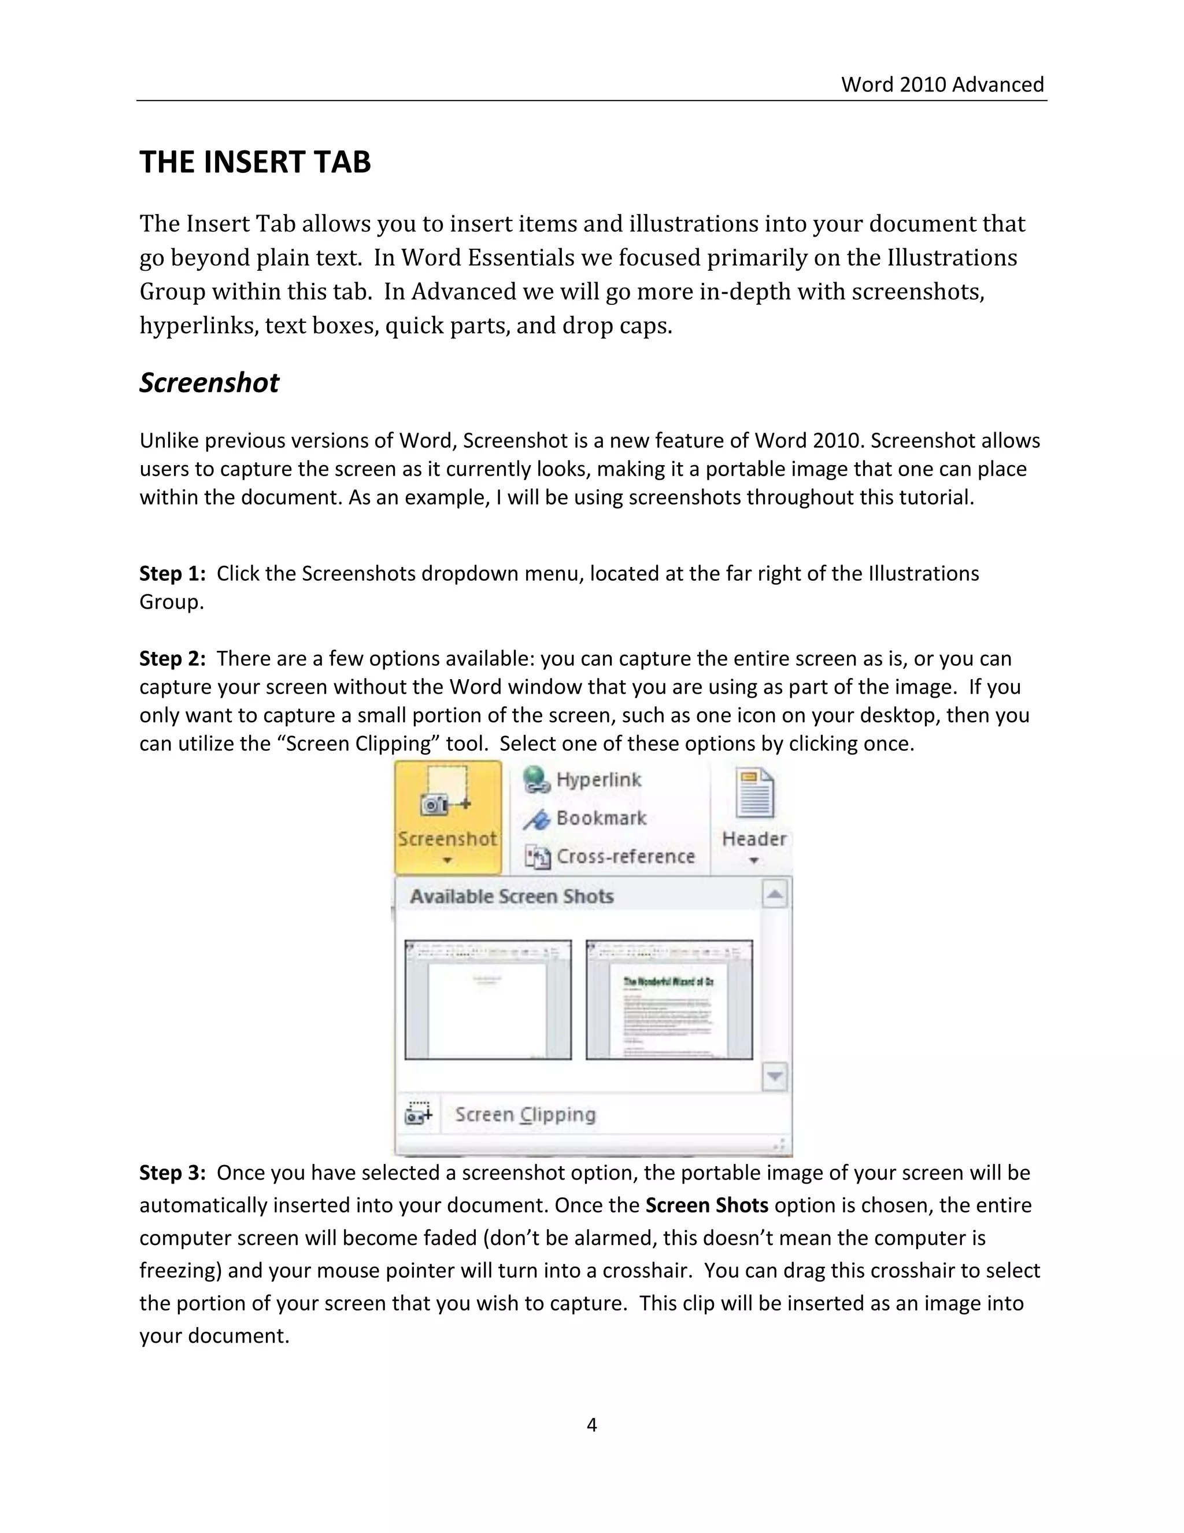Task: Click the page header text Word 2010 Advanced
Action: (942, 84)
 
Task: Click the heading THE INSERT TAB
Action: (254, 162)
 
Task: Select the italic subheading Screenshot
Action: (209, 382)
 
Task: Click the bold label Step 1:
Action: (172, 573)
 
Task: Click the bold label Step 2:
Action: (172, 658)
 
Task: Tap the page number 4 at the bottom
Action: (591, 1424)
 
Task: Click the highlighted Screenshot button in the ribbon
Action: (447, 816)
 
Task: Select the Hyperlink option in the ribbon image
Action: (598, 780)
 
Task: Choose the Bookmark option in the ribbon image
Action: (601, 819)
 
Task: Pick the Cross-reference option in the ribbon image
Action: (624, 856)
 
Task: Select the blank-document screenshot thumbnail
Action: (487, 1000)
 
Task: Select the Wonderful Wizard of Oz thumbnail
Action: (669, 1000)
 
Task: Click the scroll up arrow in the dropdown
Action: (774, 894)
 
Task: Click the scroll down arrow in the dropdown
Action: (774, 1076)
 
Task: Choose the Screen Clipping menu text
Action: (525, 1115)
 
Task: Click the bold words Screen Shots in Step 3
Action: (706, 1205)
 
